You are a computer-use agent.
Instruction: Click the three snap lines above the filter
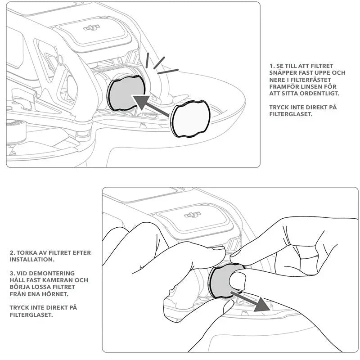160,65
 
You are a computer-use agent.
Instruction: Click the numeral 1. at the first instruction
271,66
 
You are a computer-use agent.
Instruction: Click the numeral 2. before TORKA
12,253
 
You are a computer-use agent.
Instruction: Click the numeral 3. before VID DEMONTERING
12,273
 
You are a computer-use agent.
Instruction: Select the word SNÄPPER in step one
284,72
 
